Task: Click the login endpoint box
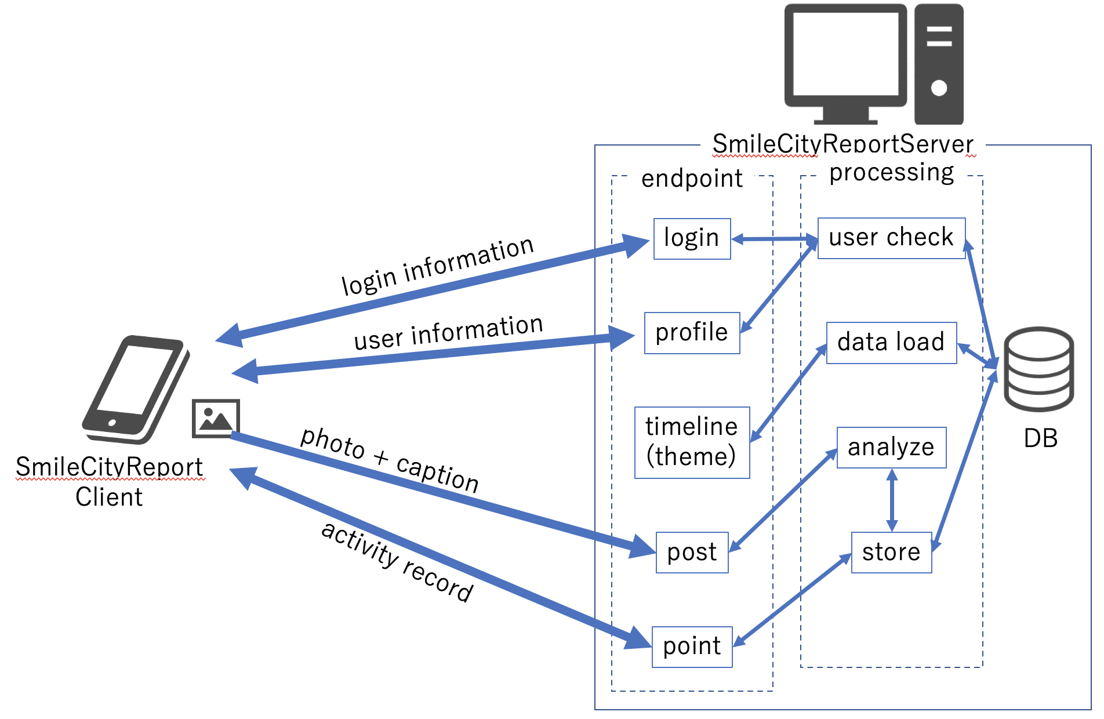click(692, 238)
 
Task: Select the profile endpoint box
click(692, 333)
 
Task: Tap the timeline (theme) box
click(692, 442)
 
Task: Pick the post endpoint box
click(692, 552)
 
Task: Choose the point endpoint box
click(692, 647)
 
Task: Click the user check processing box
click(891, 238)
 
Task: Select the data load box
click(891, 343)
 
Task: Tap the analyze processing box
click(891, 448)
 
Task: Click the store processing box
click(891, 553)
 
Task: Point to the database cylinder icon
click(1038, 369)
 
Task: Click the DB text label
click(1040, 438)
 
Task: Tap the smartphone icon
click(135, 388)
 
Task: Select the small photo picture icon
click(216, 418)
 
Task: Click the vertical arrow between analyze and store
click(892, 500)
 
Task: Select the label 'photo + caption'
click(389, 459)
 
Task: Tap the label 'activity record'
click(397, 561)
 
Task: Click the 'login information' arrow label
click(437, 266)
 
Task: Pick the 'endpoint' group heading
click(691, 179)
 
